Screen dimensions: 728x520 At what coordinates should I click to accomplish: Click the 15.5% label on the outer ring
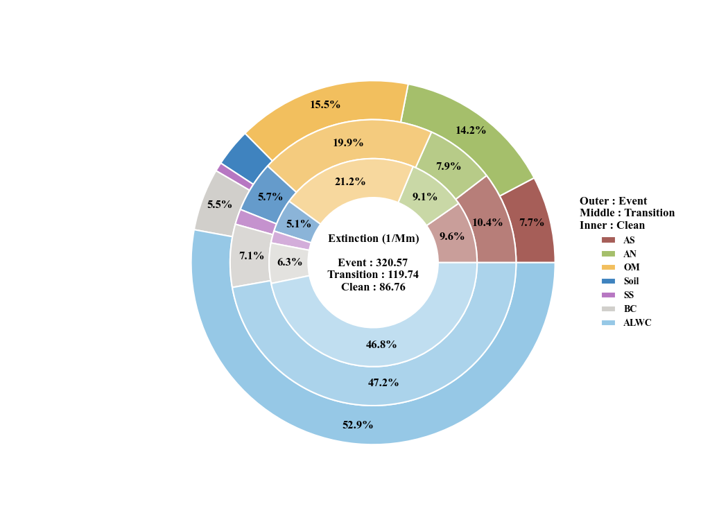tap(325, 105)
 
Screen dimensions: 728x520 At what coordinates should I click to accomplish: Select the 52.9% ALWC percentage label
tap(358, 425)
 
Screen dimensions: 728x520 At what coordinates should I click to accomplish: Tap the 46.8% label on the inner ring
tap(381, 344)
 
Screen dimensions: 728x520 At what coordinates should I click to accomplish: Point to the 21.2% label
tap(350, 182)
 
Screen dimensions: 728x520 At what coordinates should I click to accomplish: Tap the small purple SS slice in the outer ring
tap(234, 176)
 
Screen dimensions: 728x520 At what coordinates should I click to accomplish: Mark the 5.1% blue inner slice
tap(298, 222)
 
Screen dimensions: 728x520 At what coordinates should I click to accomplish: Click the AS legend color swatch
tap(608, 240)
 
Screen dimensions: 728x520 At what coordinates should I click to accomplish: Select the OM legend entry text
tap(632, 267)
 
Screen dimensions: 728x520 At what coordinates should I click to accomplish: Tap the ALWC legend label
tap(637, 322)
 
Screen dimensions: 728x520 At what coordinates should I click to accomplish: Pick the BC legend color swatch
tap(608, 309)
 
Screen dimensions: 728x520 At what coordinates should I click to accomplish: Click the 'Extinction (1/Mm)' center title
tap(374, 239)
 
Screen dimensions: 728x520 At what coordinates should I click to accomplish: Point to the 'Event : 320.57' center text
tap(373, 263)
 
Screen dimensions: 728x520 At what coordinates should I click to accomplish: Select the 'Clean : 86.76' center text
tap(373, 287)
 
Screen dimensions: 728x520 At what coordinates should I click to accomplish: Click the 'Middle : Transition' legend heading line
tap(627, 213)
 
